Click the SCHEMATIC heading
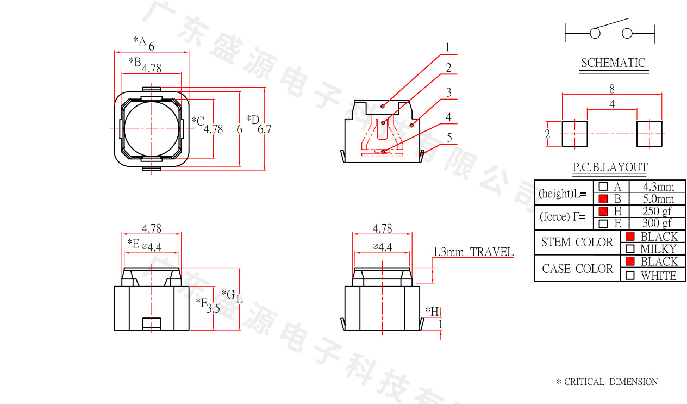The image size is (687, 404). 614,63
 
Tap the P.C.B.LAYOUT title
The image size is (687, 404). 610,167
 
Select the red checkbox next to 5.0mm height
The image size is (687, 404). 603,199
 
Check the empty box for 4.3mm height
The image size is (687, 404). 603,187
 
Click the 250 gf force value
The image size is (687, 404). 657,211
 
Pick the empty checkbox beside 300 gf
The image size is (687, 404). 603,223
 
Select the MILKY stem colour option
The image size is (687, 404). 658,249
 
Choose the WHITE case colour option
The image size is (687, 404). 659,276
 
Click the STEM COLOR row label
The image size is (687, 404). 577,242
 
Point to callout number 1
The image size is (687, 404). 447,47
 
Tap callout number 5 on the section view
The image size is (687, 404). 449,138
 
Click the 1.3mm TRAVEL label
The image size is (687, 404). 473,252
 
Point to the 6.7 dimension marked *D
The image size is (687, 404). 264,129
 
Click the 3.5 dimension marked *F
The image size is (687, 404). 214,308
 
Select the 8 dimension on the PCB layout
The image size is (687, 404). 612,89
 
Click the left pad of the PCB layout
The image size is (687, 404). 574,134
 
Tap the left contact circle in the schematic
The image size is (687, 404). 595,33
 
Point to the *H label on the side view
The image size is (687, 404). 432,312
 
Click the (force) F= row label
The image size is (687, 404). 563,217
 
